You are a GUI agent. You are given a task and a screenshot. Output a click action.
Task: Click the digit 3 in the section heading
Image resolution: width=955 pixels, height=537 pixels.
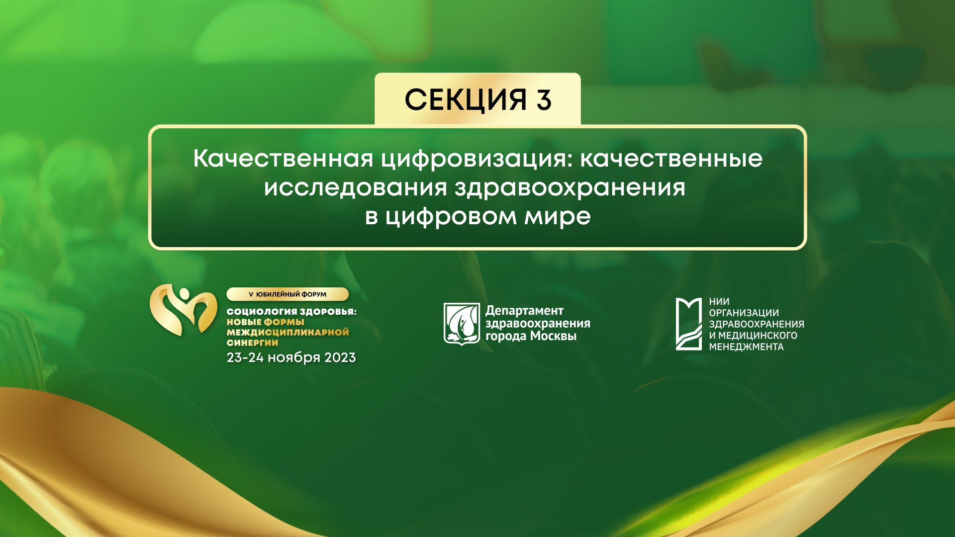(x=544, y=100)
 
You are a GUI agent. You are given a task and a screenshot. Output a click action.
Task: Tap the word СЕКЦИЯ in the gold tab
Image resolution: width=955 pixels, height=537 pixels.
(x=465, y=100)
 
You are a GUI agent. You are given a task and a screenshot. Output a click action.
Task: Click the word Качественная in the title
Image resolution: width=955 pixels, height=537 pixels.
(x=283, y=159)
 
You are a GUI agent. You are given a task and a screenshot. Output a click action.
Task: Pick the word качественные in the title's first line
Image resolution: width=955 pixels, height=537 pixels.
(x=671, y=159)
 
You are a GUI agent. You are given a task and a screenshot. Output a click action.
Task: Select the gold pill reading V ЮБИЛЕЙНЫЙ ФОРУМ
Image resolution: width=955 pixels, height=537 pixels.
(x=287, y=294)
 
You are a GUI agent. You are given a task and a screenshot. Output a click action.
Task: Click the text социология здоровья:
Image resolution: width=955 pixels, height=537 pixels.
(x=291, y=312)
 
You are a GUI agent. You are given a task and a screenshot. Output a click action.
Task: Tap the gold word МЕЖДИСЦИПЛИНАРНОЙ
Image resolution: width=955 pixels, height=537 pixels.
(x=287, y=332)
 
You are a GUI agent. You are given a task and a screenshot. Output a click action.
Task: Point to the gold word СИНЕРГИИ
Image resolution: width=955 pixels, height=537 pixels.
(x=252, y=343)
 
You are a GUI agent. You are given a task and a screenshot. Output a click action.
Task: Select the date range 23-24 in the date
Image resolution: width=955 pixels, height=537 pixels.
(x=245, y=358)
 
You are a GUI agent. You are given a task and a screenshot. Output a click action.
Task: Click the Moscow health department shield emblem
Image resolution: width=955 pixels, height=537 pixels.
(x=462, y=323)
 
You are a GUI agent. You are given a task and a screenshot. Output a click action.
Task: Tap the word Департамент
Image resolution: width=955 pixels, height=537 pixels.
(x=524, y=311)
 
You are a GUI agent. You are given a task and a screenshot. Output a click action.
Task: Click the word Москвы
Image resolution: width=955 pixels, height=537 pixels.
(x=553, y=336)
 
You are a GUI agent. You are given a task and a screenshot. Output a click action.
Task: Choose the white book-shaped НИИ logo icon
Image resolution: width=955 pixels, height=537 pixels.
(x=688, y=324)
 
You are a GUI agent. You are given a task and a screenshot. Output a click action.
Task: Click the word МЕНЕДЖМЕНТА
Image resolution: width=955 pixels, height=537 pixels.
(x=746, y=347)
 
